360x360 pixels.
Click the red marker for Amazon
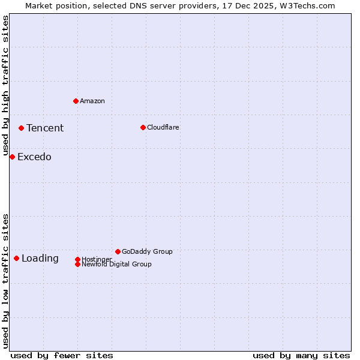[76, 101]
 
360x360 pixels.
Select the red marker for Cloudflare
[143, 127]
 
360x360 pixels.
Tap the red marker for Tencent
[21, 128]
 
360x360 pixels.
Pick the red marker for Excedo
[12, 157]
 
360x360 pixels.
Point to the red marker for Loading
[16, 258]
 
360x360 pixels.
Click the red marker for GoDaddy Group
[118, 251]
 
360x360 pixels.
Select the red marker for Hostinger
[77, 259]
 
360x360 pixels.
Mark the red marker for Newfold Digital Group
[77, 264]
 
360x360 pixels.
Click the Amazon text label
[92, 101]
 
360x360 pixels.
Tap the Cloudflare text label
[163, 127]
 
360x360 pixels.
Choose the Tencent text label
[45, 128]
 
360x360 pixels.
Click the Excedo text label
[34, 157]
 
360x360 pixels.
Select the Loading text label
[40, 259]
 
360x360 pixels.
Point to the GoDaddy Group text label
[147, 251]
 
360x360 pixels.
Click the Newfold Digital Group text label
[116, 265]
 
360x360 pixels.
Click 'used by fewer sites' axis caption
[62, 355]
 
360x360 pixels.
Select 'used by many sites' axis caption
[301, 355]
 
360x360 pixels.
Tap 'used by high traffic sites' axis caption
[5, 86]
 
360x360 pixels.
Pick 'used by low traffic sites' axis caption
[5, 280]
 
